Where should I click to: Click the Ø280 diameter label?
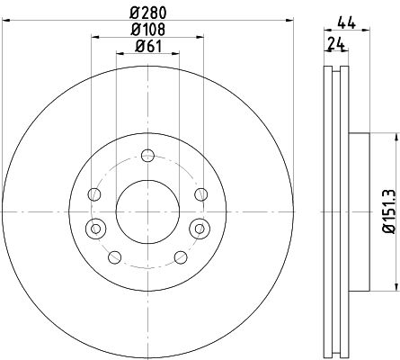(147, 13)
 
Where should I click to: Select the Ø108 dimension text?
(147, 30)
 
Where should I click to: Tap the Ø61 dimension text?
(148, 46)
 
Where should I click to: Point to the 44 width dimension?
(347, 23)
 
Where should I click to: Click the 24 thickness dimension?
(336, 44)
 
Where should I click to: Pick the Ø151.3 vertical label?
(390, 211)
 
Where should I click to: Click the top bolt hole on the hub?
(147, 156)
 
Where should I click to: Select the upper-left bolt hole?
(94, 194)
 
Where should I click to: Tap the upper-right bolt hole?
(200, 194)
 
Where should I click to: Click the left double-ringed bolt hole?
(96, 229)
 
